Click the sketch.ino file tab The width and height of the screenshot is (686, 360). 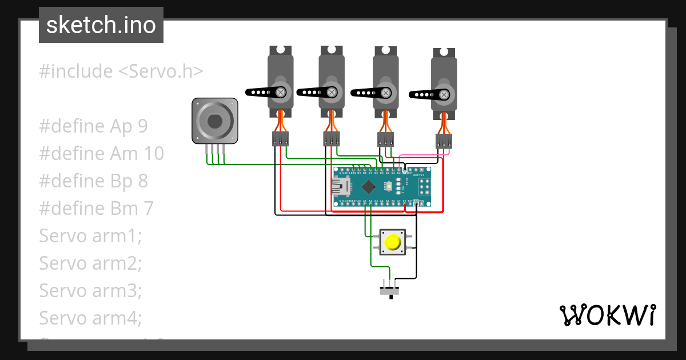(x=101, y=25)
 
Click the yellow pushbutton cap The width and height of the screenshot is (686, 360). (x=393, y=242)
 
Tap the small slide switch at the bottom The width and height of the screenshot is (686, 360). (x=390, y=291)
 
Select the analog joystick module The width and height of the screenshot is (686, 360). (x=214, y=121)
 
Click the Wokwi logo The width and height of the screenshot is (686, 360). (x=607, y=315)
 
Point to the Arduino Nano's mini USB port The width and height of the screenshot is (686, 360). (x=341, y=186)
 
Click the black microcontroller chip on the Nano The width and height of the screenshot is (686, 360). (x=369, y=186)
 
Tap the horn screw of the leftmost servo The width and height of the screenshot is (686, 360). (x=281, y=91)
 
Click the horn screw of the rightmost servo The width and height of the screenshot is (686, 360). (x=444, y=94)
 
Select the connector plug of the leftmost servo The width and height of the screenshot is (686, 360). (x=280, y=139)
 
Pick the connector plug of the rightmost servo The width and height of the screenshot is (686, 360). (x=444, y=141)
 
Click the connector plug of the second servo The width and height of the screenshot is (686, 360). (x=331, y=139)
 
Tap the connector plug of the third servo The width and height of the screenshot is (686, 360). (x=386, y=139)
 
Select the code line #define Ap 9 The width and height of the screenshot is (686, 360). (x=93, y=126)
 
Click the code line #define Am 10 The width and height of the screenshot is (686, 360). (x=101, y=153)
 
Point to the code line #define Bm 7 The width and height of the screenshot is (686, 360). (x=96, y=208)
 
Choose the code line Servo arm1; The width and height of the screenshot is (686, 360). (x=90, y=235)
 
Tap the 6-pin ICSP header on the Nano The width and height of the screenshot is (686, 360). (x=425, y=186)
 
